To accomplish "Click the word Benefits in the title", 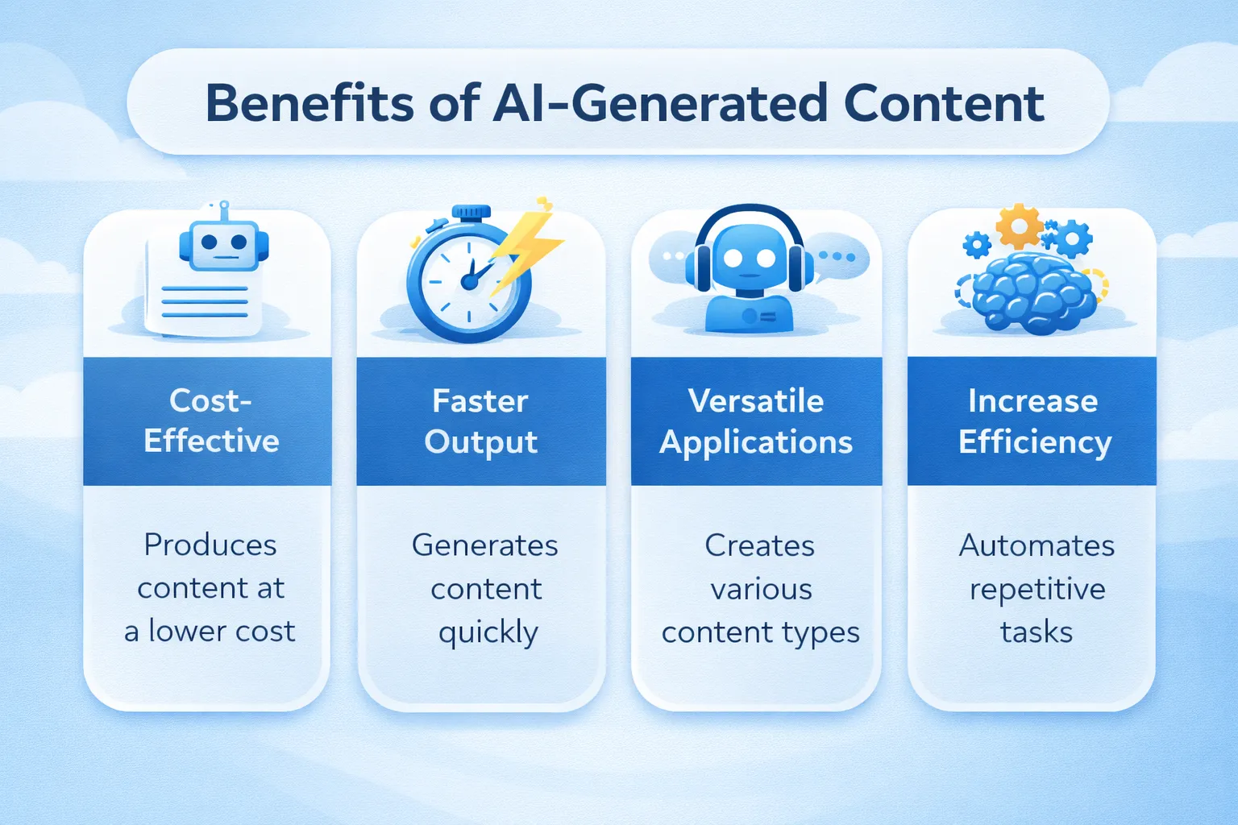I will [x=310, y=103].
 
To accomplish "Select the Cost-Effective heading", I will [x=211, y=421].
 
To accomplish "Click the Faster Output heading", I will [x=481, y=421].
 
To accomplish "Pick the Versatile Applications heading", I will [x=756, y=421].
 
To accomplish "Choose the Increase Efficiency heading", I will [x=1034, y=421].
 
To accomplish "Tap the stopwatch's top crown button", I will [x=471, y=213].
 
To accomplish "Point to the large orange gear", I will [x=1019, y=226].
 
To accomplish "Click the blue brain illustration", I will [x=1033, y=292].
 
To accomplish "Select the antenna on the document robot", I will [x=224, y=209].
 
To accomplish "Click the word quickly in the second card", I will [x=488, y=633].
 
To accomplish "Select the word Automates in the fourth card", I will [x=1037, y=546].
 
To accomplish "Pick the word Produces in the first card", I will [x=210, y=545].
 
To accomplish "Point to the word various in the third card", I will [x=761, y=590].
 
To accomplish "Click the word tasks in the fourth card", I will [x=1037, y=632].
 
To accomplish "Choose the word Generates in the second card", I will [x=484, y=546].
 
